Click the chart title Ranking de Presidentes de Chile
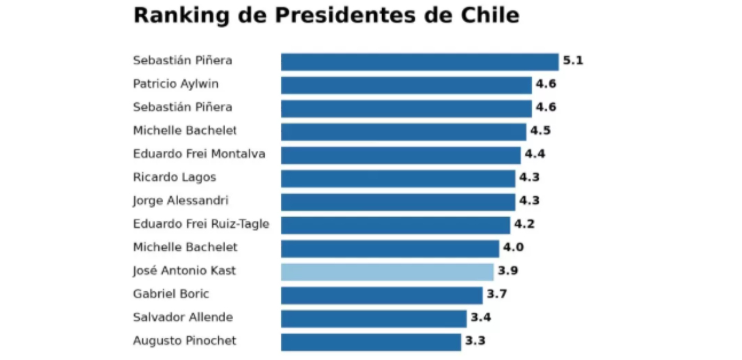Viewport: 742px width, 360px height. [326, 15]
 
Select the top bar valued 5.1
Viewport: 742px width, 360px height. [420, 62]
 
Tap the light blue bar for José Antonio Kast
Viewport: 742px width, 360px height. [387, 272]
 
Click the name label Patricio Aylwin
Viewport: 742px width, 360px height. [176, 84]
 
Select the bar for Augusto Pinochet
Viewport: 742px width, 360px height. [371, 341]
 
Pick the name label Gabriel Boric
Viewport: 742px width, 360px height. [171, 294]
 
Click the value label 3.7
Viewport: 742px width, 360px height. [497, 294]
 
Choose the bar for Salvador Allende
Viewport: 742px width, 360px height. [373, 318]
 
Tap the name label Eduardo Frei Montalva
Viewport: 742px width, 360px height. [199, 154]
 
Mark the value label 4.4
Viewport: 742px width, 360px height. [535, 154]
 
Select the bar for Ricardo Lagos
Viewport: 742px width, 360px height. [398, 178]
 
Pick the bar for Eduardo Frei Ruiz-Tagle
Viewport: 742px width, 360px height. [396, 225]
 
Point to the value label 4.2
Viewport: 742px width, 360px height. [524, 224]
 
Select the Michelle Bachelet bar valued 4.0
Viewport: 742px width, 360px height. [390, 248]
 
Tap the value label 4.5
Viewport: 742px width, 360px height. [540, 131]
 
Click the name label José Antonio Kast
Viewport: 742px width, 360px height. [184, 271]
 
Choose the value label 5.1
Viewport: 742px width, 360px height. [573, 61]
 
